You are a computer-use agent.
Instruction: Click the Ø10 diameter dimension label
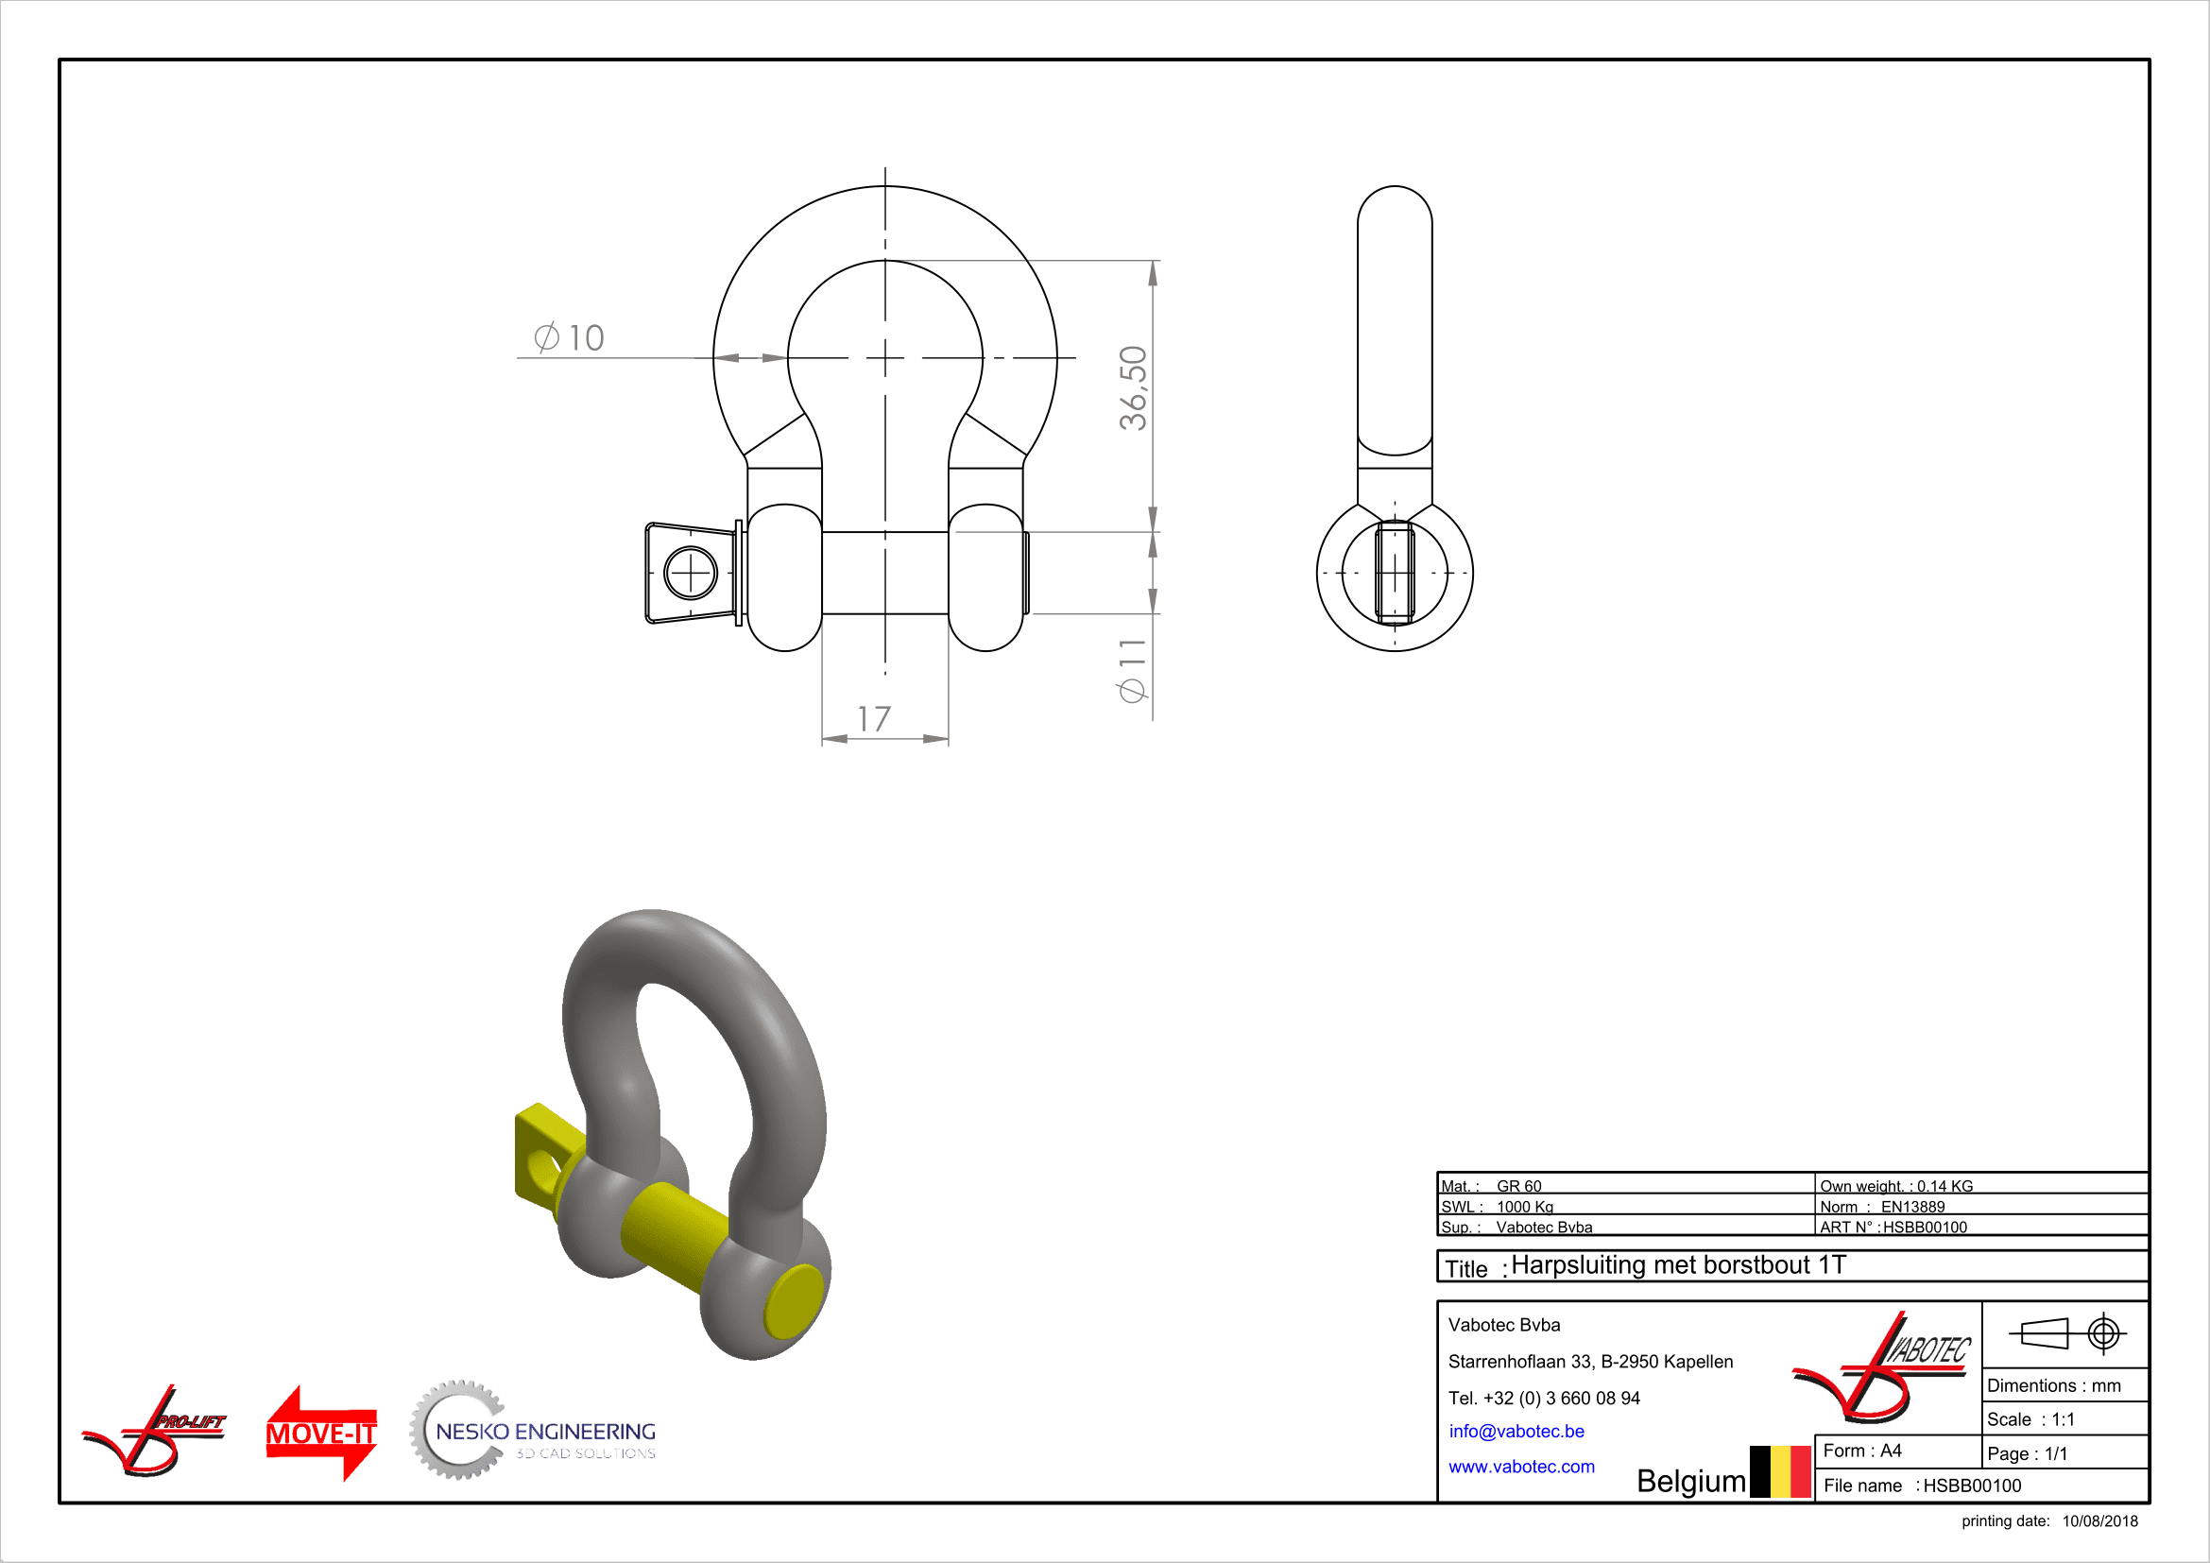pos(569,336)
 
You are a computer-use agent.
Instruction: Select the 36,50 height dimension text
pos(1133,387)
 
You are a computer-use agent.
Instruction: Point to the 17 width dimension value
pos(874,719)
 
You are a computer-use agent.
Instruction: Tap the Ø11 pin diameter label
pos(1133,670)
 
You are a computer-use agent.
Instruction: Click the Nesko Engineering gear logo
pos(532,1430)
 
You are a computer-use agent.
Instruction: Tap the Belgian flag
pos(1781,1471)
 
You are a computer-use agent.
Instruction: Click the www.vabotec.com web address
pos(1521,1467)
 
